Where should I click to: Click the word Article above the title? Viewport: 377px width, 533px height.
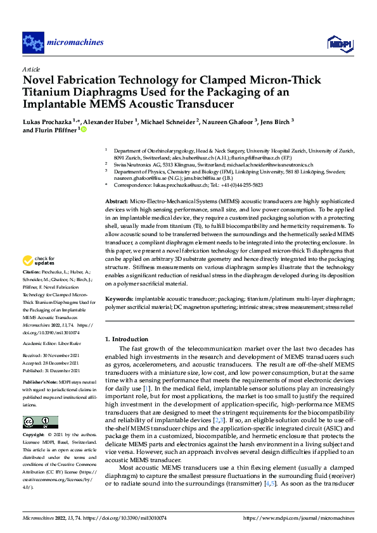click(x=32, y=68)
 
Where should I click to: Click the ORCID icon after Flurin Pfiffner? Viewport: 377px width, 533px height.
click(x=83, y=130)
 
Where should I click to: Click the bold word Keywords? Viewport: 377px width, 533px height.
click(x=119, y=297)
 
